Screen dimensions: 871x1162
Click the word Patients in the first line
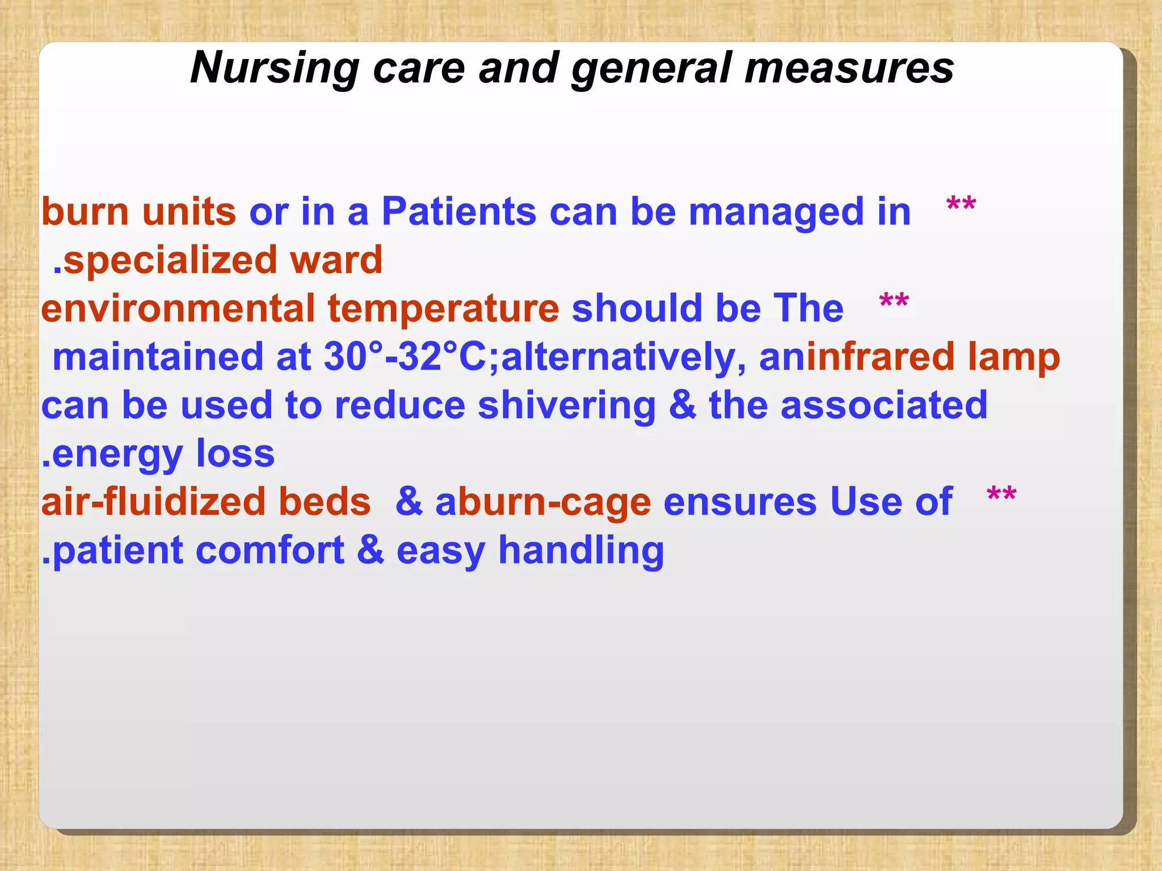pyautogui.click(x=458, y=212)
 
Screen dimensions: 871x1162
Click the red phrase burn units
pyautogui.click(x=138, y=212)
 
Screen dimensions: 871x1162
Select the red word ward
pyautogui.click(x=336, y=260)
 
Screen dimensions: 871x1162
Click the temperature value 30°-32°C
pyautogui.click(x=405, y=357)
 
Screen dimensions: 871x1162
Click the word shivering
pyautogui.click(x=566, y=406)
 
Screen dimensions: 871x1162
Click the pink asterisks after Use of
pyautogui.click(x=1001, y=496)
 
